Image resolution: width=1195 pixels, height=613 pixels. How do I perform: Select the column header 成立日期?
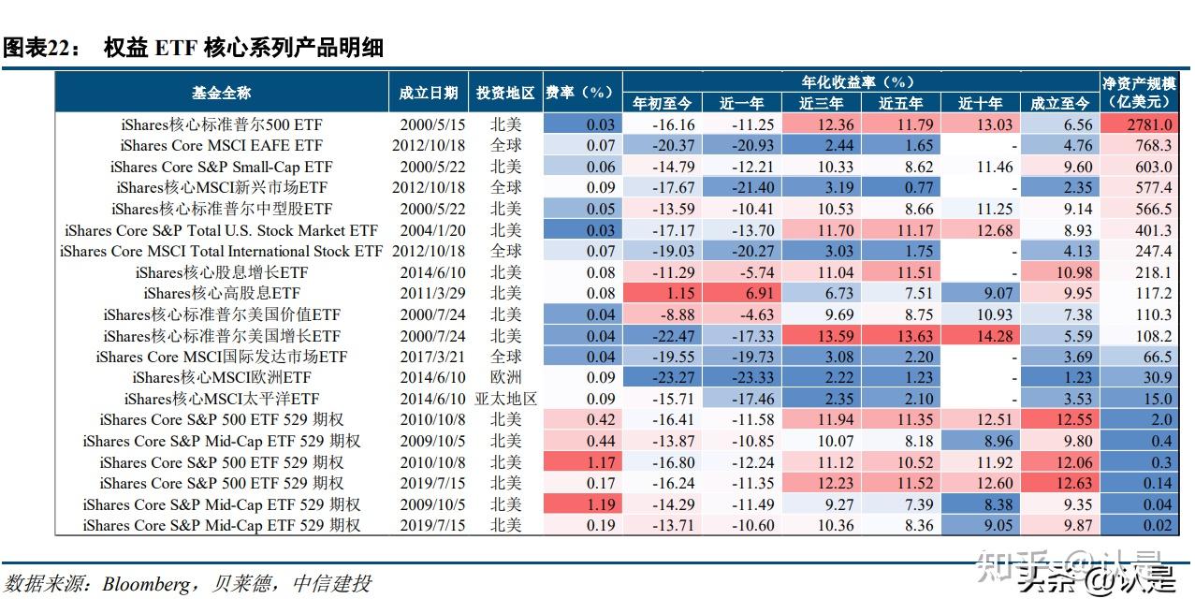(x=428, y=93)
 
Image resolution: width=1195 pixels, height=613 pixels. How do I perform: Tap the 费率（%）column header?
(x=582, y=93)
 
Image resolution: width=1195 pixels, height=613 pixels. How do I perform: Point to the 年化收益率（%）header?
(x=859, y=81)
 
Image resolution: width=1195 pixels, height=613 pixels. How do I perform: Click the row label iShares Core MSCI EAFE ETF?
(x=221, y=145)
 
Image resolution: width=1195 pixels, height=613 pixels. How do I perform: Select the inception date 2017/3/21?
(x=429, y=357)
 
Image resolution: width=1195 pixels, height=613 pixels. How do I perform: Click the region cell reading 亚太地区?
(x=506, y=399)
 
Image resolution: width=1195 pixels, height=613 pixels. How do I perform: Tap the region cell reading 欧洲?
(x=506, y=377)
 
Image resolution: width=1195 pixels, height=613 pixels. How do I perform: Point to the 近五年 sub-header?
(x=900, y=103)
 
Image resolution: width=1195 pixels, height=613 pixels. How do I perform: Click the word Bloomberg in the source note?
(x=145, y=584)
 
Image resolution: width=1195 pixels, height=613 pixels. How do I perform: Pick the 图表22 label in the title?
(x=40, y=48)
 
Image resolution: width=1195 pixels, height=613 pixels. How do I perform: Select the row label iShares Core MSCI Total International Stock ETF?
(x=221, y=251)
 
